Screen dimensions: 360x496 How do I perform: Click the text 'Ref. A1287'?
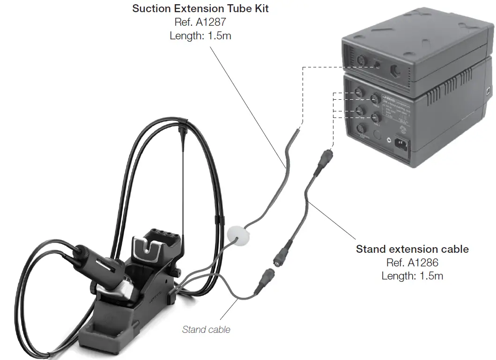coord(200,22)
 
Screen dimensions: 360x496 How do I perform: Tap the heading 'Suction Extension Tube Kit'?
coord(200,8)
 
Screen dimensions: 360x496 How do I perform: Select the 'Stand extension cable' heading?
coord(412,249)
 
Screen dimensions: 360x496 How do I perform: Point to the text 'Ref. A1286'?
coord(412,263)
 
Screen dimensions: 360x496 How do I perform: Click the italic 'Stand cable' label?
coord(206,330)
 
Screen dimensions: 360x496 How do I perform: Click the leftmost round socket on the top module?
coord(361,61)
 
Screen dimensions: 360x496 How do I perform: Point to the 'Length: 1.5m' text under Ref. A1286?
coord(412,276)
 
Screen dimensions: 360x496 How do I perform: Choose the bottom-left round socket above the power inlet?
coord(361,130)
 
